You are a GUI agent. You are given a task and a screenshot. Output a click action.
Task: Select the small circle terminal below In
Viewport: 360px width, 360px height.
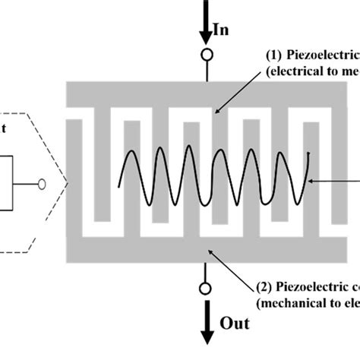point(205,55)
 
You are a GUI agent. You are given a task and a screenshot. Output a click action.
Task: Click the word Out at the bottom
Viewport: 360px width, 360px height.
point(235,323)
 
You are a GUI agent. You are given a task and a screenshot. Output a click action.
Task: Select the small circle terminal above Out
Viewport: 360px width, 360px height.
point(205,289)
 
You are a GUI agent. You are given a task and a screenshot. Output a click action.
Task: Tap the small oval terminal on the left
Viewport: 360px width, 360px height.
point(42,183)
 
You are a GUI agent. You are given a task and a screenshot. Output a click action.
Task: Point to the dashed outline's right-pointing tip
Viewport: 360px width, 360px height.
point(68,182)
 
